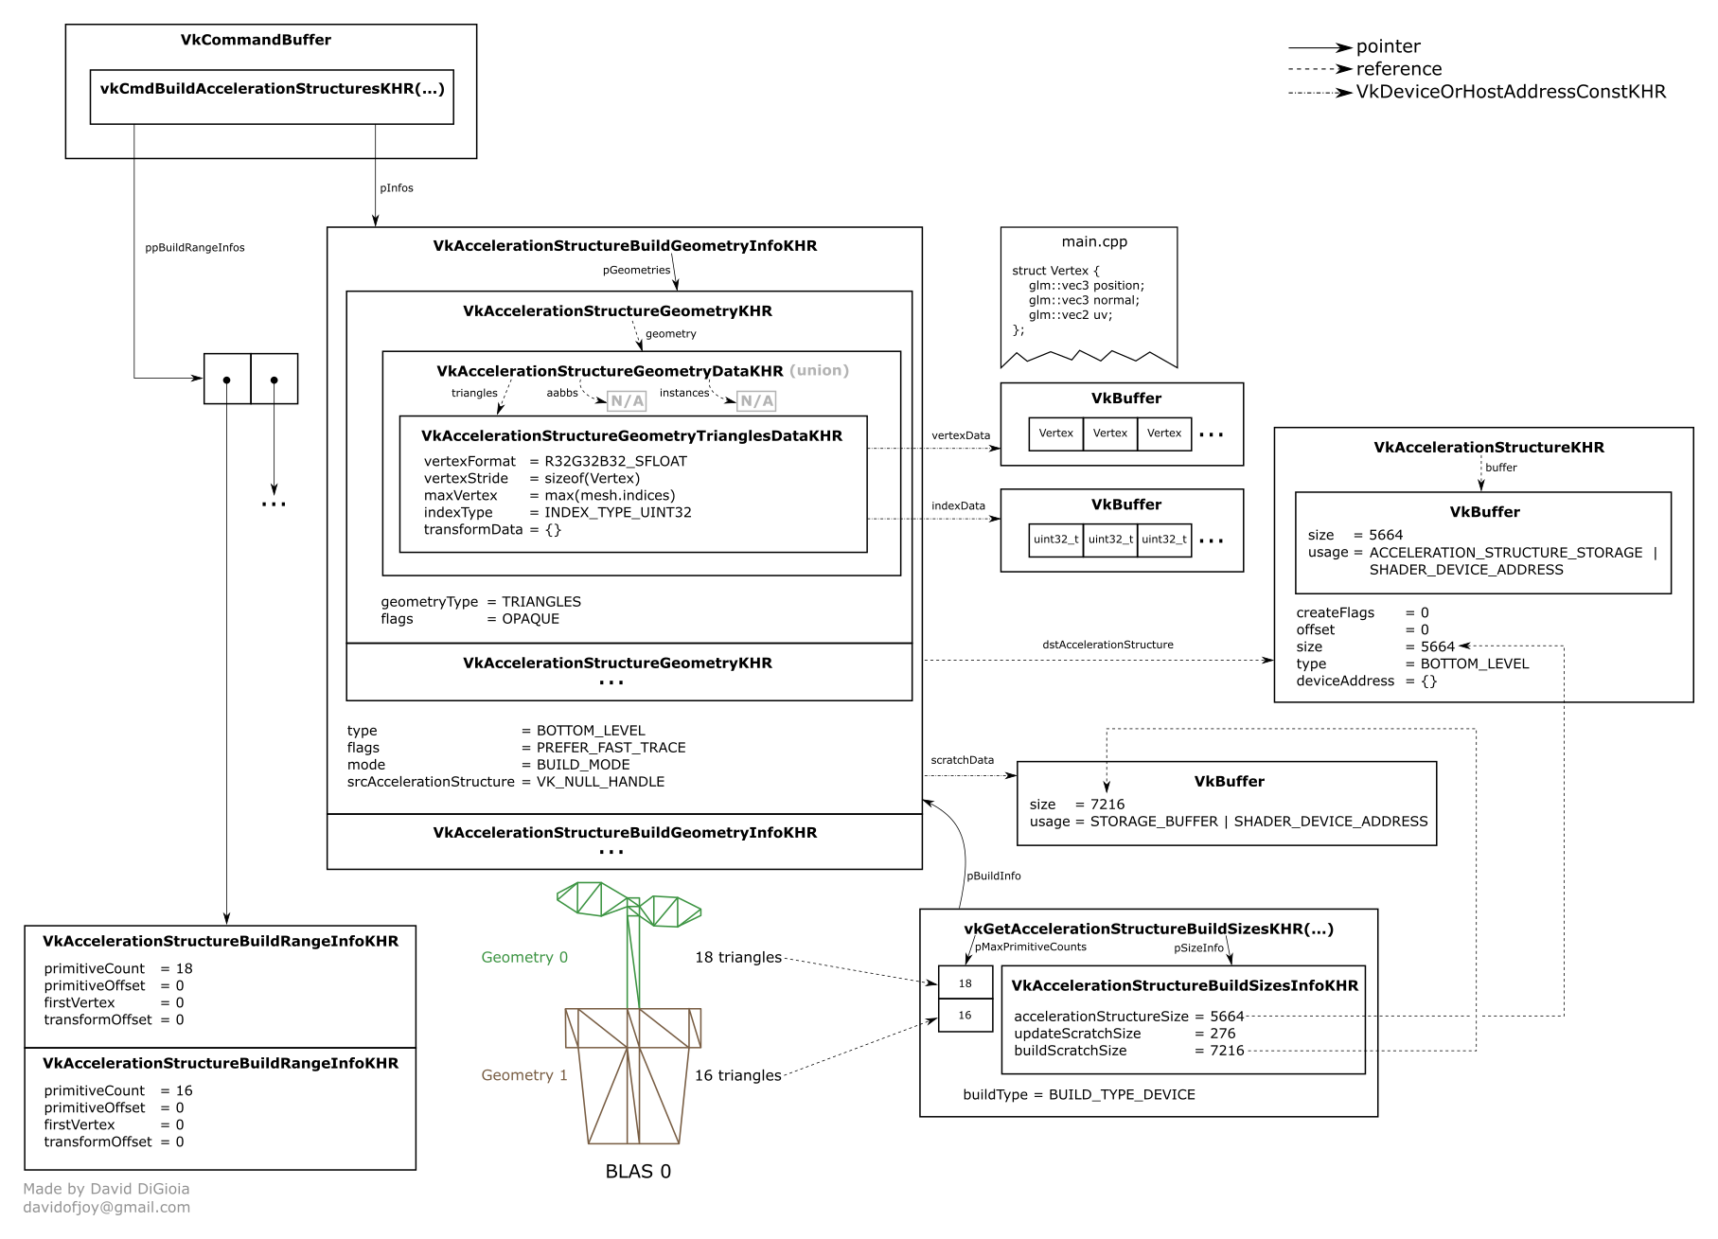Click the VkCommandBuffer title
point(256,40)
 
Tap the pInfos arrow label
point(396,188)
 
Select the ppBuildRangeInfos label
point(194,248)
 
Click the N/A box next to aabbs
point(627,401)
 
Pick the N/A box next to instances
point(756,401)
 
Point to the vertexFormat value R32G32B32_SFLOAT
point(615,462)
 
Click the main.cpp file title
point(1094,241)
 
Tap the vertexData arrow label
point(960,436)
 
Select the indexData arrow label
point(958,506)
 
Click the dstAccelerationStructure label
point(1107,645)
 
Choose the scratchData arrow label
point(962,760)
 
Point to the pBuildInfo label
point(993,876)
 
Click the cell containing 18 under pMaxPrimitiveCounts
point(965,984)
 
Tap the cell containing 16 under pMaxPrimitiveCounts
point(965,1016)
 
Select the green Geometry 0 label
point(524,958)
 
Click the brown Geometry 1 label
point(524,1075)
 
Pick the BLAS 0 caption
point(638,1172)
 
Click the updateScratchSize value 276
point(1222,1034)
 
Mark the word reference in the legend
point(1398,69)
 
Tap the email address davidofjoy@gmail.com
point(107,1208)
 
